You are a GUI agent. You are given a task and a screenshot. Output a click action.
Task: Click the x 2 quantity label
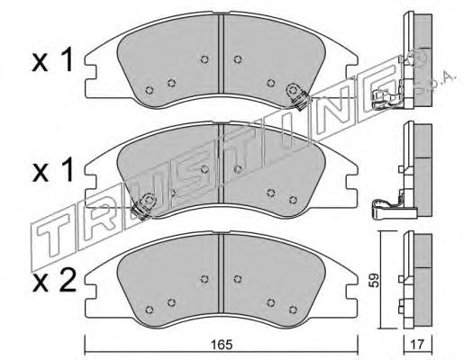tap(54, 283)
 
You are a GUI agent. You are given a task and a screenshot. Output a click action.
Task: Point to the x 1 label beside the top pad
tap(52, 61)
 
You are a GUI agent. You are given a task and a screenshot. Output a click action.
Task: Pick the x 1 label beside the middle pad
tap(52, 172)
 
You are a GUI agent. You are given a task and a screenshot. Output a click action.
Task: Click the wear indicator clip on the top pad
tap(296, 95)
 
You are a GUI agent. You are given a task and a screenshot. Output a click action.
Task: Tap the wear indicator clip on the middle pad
tap(143, 206)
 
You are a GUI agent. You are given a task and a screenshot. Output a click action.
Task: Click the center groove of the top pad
tap(221, 54)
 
